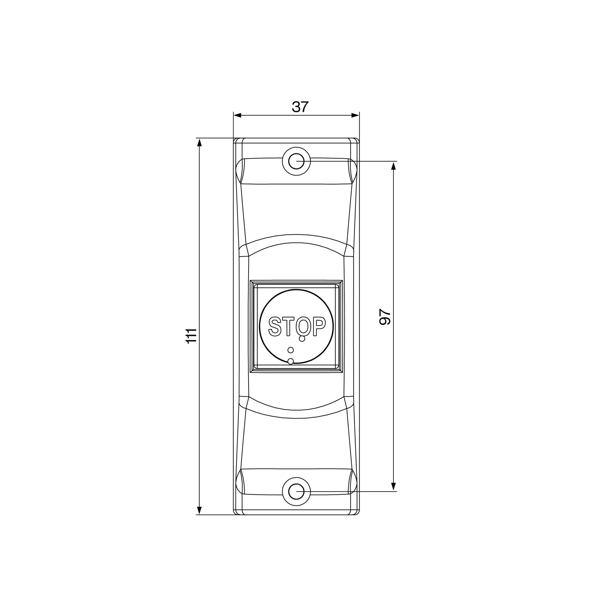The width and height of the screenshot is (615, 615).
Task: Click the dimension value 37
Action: (x=300, y=107)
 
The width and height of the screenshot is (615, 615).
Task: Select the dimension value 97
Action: (x=385, y=317)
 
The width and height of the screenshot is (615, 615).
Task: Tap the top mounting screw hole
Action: (x=296, y=161)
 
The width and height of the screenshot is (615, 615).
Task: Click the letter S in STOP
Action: (x=275, y=326)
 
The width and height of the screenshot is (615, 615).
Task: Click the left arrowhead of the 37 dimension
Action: (x=237, y=115)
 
